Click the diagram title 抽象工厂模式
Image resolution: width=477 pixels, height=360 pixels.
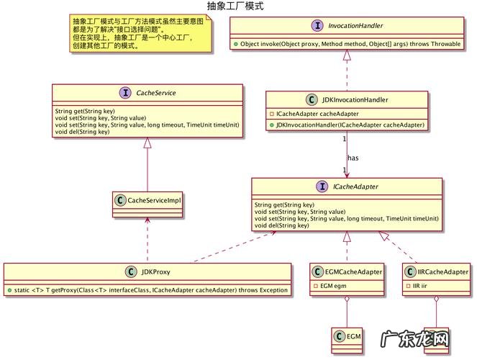pos(235,6)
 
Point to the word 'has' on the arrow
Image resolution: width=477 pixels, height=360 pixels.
pos(353,158)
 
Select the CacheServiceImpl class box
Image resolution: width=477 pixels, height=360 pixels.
pos(148,200)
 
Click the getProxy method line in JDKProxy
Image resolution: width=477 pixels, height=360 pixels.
pos(147,289)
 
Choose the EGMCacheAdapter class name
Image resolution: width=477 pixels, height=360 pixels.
pos(353,271)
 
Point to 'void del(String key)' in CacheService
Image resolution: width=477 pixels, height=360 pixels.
pos(82,132)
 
